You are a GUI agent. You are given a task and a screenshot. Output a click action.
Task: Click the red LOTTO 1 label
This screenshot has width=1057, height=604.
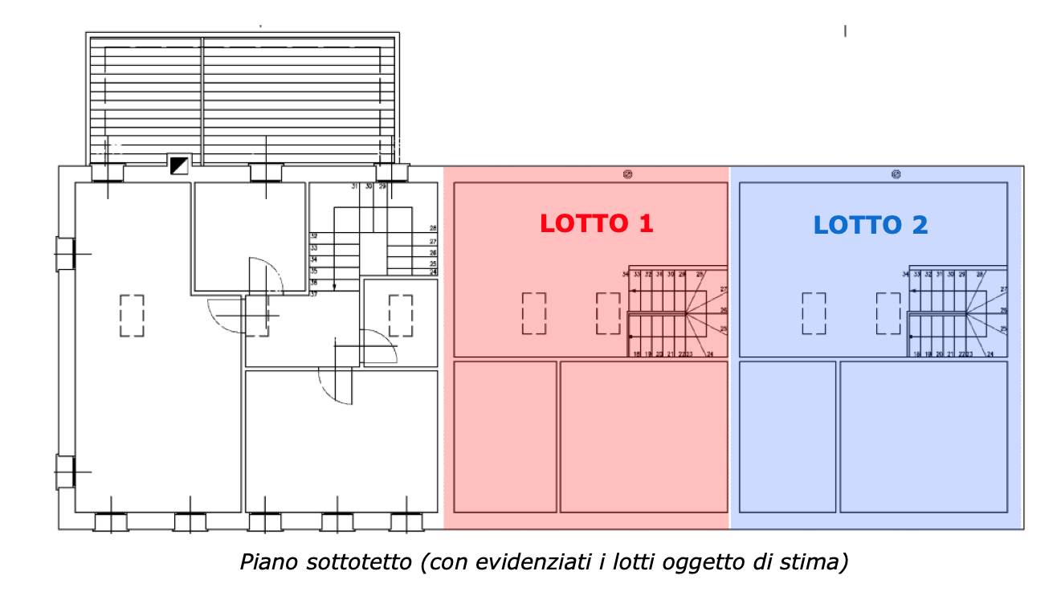tap(596, 223)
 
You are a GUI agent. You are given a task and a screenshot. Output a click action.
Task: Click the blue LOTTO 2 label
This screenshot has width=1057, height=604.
tap(871, 225)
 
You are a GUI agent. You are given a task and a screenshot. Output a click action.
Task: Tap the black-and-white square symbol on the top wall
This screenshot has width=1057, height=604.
tap(179, 165)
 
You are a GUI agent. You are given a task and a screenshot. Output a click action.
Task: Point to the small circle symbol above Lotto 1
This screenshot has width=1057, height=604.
tap(627, 173)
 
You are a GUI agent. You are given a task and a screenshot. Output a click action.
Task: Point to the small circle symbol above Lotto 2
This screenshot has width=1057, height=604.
tap(896, 173)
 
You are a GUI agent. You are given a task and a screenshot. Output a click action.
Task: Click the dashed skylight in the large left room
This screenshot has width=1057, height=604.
tap(132, 315)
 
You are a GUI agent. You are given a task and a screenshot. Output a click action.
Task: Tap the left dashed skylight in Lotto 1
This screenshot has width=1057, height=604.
tap(533, 313)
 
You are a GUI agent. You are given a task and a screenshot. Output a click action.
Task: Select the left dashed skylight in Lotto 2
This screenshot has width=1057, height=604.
tap(814, 313)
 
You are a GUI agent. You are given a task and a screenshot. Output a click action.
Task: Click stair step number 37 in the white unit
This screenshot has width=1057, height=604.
tap(313, 294)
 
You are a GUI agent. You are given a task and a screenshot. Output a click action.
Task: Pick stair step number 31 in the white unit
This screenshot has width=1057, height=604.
tap(354, 186)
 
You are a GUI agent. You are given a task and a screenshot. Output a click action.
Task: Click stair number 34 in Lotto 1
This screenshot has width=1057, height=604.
tap(625, 275)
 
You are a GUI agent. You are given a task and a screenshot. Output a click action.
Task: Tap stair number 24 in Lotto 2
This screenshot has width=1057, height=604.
tap(990, 354)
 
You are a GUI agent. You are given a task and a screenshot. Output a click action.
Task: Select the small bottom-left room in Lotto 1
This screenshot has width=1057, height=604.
tap(505, 436)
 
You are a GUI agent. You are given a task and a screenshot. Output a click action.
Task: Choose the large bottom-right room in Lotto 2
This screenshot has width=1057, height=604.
tap(923, 436)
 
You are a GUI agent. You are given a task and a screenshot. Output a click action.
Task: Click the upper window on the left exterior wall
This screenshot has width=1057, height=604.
tap(64, 253)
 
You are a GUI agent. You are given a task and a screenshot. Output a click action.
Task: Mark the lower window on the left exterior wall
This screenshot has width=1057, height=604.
tap(64, 471)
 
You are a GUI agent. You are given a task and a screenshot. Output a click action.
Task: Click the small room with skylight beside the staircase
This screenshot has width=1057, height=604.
tap(400, 321)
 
